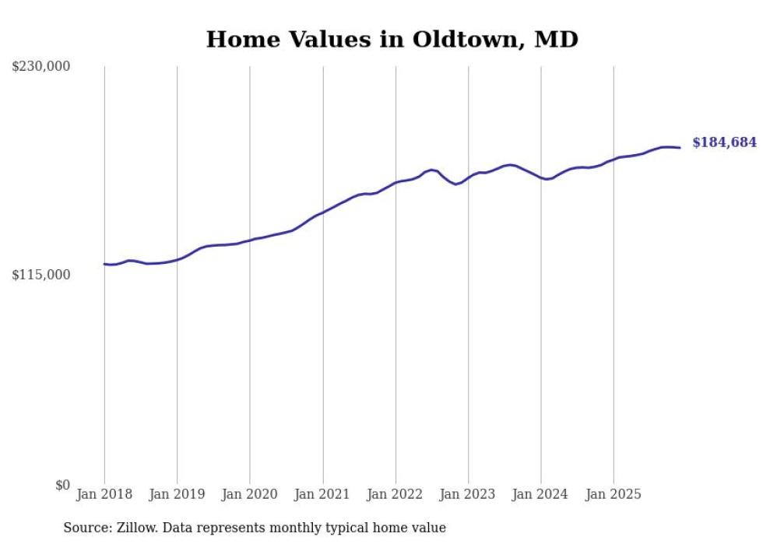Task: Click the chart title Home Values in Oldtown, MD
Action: click(x=392, y=39)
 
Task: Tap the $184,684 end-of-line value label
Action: click(x=724, y=142)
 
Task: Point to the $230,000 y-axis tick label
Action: click(x=40, y=67)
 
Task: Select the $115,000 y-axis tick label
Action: click(x=40, y=275)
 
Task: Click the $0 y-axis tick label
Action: click(x=62, y=485)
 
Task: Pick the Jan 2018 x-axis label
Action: click(x=104, y=494)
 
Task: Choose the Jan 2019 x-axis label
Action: click(x=177, y=494)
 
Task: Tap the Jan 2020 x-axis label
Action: click(x=250, y=494)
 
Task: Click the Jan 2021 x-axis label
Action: click(x=322, y=494)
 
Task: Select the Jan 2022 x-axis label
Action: click(x=396, y=494)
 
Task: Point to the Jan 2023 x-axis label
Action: click(x=468, y=494)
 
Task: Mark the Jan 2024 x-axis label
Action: click(x=541, y=494)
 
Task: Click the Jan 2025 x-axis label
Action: click(x=614, y=494)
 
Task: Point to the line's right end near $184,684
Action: click(x=680, y=147)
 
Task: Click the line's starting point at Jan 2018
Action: click(x=104, y=264)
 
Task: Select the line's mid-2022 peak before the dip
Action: click(x=431, y=170)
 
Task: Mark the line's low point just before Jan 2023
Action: click(x=455, y=184)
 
